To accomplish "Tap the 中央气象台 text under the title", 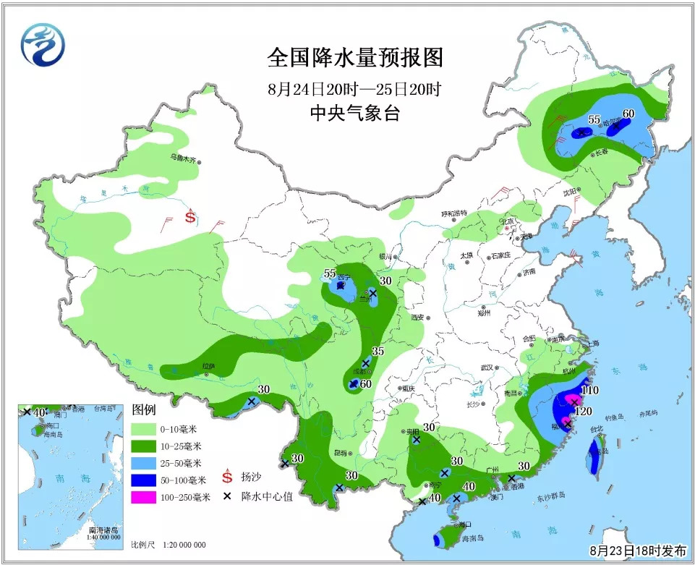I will (x=354, y=113).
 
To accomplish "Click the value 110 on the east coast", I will (x=590, y=390).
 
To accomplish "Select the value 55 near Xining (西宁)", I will (x=330, y=273).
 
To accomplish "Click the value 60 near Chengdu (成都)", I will (x=365, y=383).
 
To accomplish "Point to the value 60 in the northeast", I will (x=628, y=114).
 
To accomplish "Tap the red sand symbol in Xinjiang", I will (x=191, y=216).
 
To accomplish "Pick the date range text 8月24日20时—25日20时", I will (x=354, y=90).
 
